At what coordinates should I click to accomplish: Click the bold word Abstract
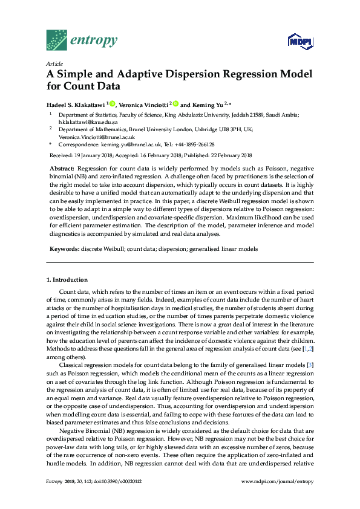coord(61,168)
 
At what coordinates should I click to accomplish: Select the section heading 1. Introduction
coord(67,280)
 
